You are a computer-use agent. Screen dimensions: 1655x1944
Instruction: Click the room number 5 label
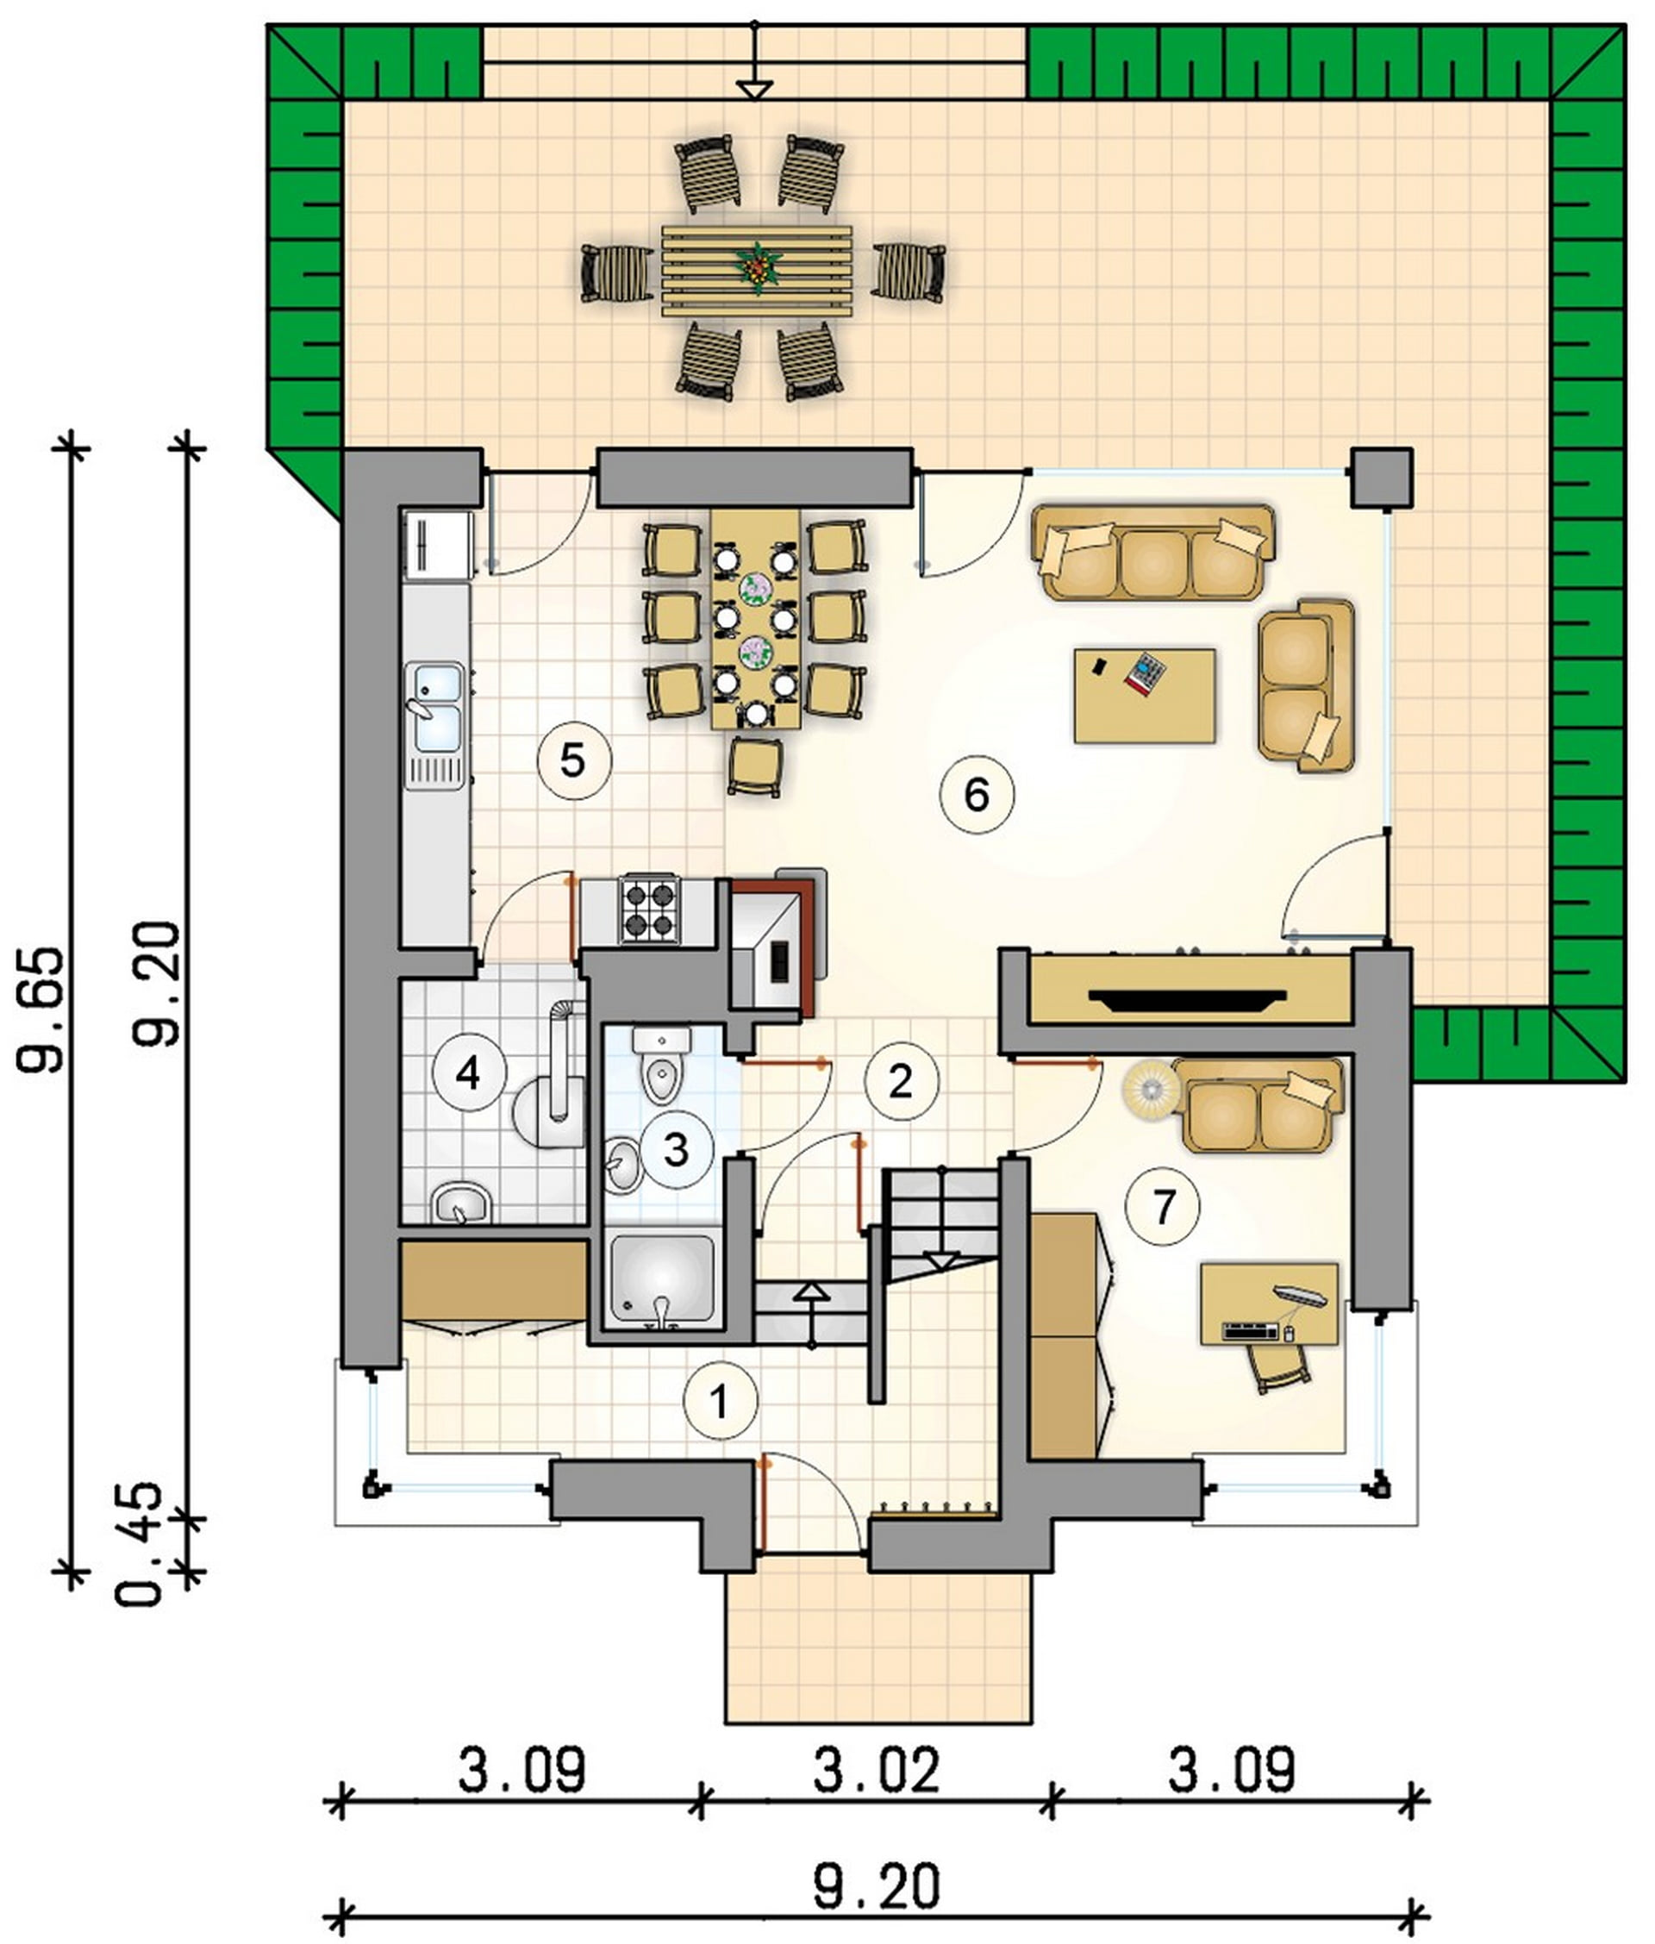pos(573,761)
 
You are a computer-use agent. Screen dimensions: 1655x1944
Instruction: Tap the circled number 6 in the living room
pos(977,797)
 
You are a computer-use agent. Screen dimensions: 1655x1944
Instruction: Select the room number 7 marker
pos(1164,1209)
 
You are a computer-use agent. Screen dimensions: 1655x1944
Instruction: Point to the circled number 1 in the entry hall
pos(721,1402)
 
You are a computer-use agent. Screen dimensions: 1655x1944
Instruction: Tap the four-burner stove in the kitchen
pos(648,909)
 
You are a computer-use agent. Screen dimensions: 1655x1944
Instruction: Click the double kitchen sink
pos(434,720)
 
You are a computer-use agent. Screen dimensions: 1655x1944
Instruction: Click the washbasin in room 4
pos(462,1203)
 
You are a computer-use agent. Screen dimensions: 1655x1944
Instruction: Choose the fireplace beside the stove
pos(778,947)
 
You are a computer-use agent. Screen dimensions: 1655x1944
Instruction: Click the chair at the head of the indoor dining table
pos(755,767)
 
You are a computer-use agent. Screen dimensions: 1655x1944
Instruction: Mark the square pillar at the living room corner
pos(1382,478)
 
